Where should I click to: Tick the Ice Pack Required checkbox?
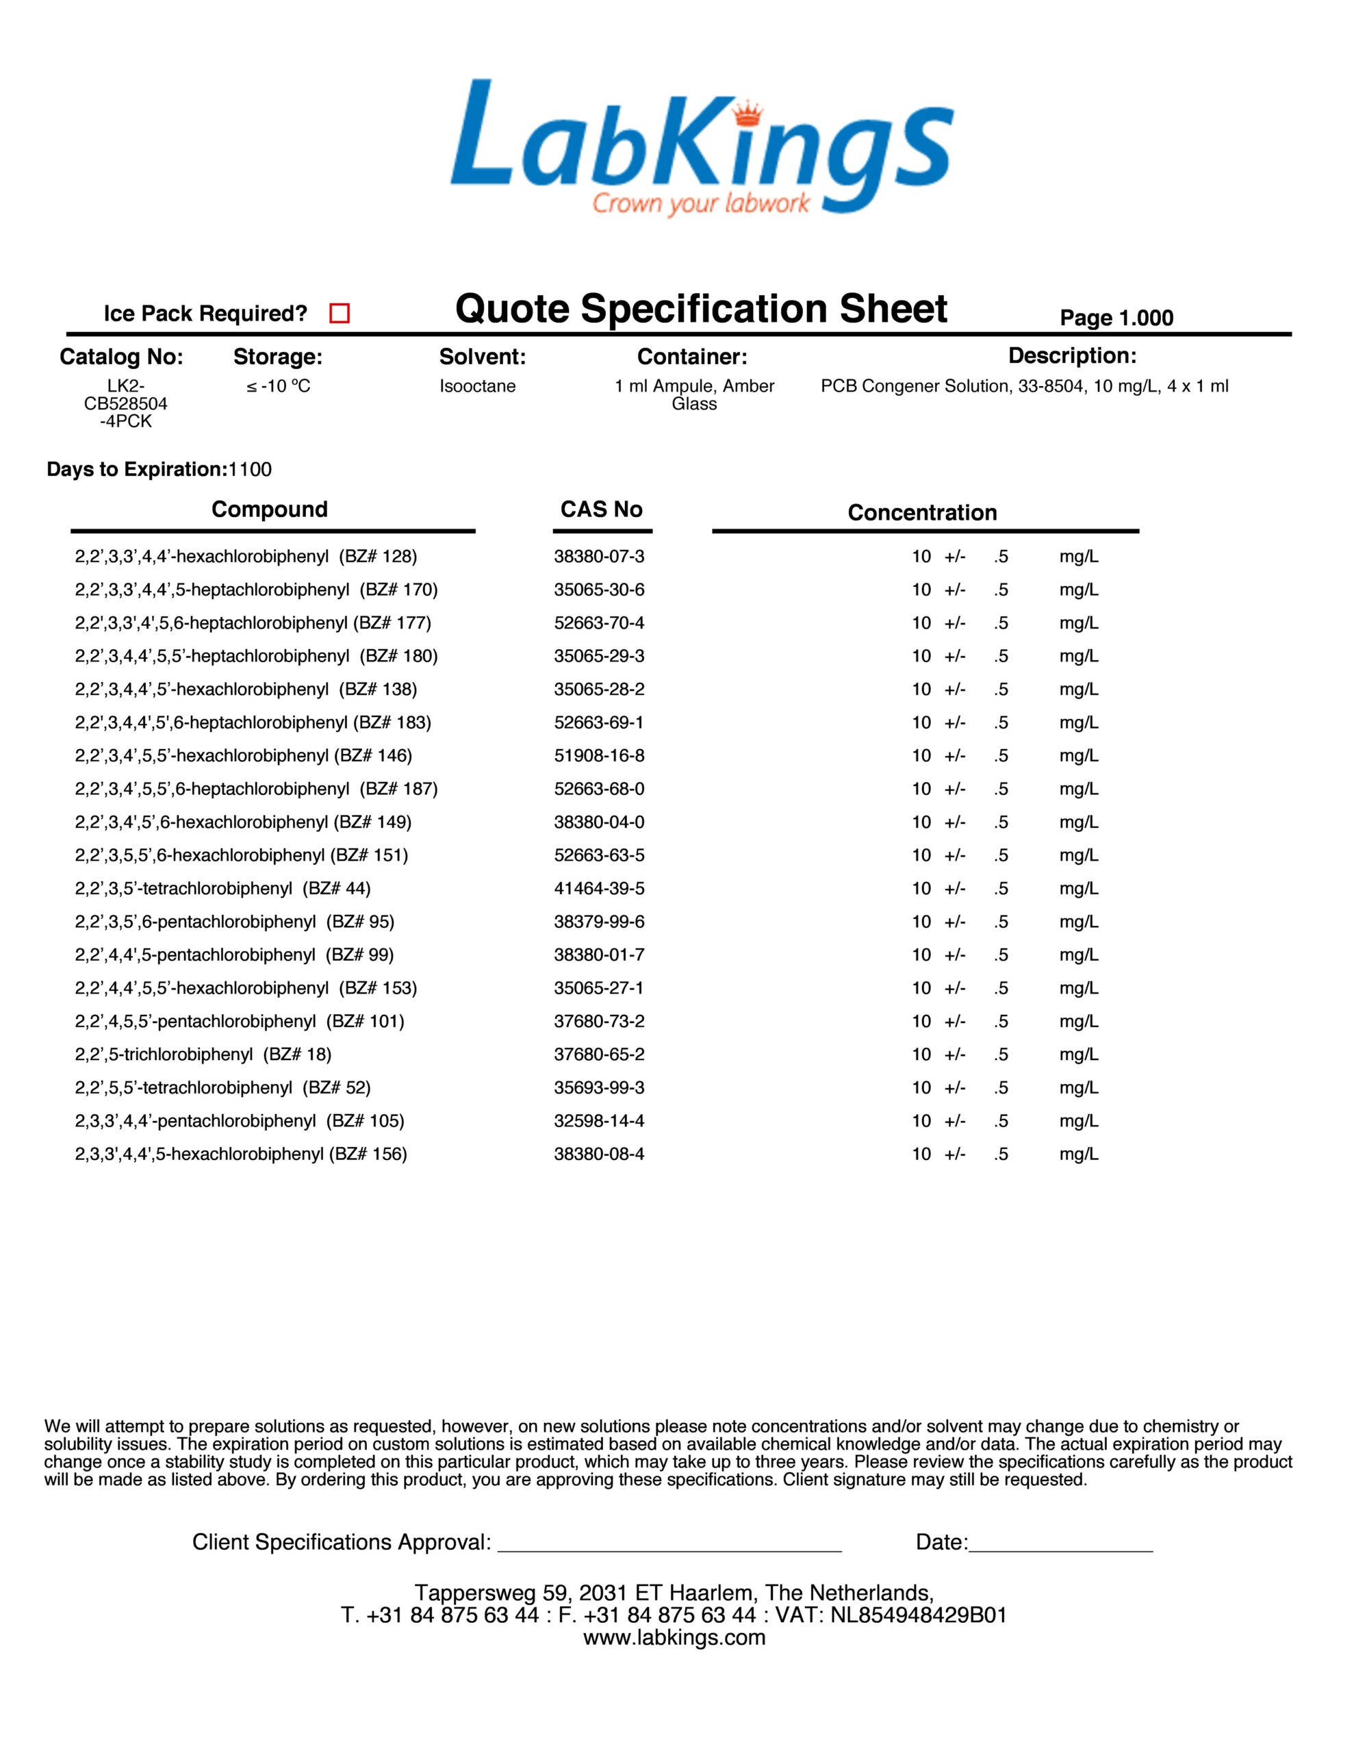click(x=340, y=313)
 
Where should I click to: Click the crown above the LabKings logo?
click(x=749, y=113)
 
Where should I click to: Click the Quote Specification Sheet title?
click(x=701, y=309)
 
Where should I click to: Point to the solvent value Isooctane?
click(x=478, y=386)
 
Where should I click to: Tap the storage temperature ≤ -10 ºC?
click(x=278, y=386)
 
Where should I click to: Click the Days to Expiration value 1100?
click(x=250, y=470)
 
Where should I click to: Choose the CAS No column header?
click(x=601, y=509)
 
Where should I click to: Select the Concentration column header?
click(x=922, y=513)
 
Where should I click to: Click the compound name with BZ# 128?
click(x=246, y=556)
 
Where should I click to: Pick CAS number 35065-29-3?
click(x=599, y=656)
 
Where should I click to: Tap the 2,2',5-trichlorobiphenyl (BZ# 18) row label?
click(x=203, y=1054)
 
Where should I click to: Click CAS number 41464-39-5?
click(x=599, y=889)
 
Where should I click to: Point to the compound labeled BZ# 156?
click(x=241, y=1155)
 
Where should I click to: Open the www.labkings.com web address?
click(x=674, y=1637)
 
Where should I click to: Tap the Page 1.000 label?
click(x=1116, y=318)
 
